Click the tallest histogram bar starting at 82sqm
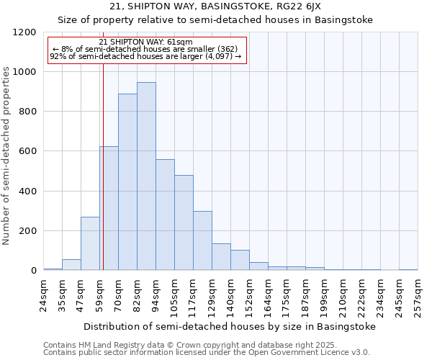pos(146,176)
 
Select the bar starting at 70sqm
pos(127,182)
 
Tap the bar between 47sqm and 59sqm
pos(90,243)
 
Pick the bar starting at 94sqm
pos(165,215)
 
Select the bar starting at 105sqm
pos(184,222)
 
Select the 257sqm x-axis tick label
pos(418,295)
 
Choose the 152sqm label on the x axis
pos(249,295)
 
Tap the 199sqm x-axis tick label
pos(324,295)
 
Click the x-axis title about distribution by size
pos(230,326)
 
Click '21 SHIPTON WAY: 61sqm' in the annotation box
pos(146,42)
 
